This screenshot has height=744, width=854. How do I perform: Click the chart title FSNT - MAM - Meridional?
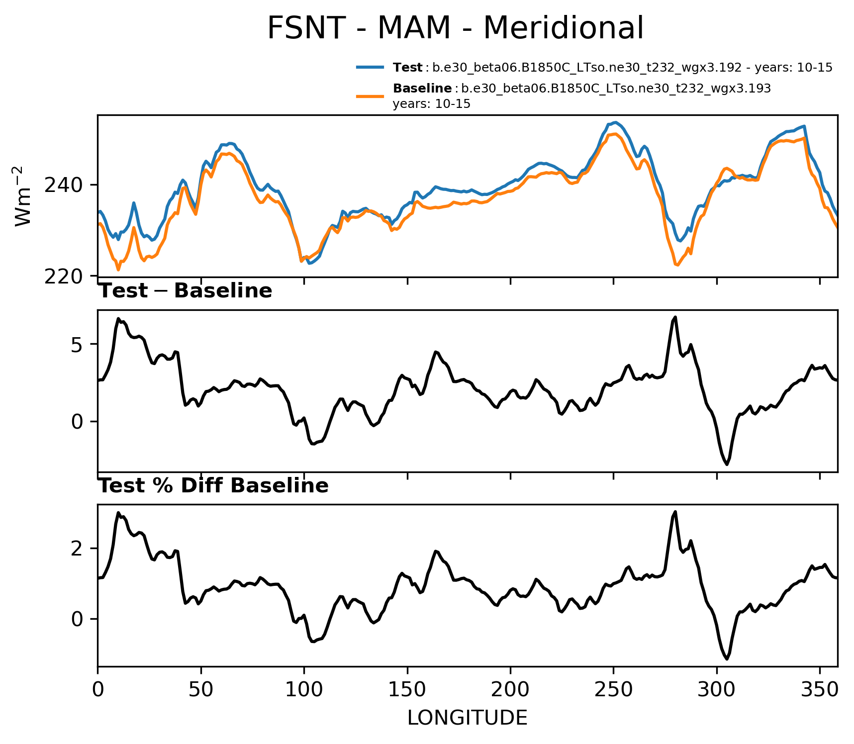[455, 28]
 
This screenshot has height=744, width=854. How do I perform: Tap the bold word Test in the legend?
[407, 68]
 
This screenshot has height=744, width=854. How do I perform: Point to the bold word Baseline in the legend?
[422, 89]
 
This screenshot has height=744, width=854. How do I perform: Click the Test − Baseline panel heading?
[185, 291]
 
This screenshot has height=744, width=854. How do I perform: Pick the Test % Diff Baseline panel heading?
[213, 486]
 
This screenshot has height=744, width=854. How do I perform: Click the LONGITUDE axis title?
[467, 718]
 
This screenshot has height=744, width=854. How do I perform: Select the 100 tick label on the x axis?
[304, 689]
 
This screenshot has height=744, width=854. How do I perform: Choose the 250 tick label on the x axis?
[613, 689]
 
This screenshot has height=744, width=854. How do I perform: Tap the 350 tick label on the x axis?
[820, 689]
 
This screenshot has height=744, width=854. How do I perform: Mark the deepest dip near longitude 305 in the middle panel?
[727, 464]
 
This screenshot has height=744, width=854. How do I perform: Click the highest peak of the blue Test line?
[615, 122]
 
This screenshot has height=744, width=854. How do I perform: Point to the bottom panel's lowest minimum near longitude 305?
[727, 659]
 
